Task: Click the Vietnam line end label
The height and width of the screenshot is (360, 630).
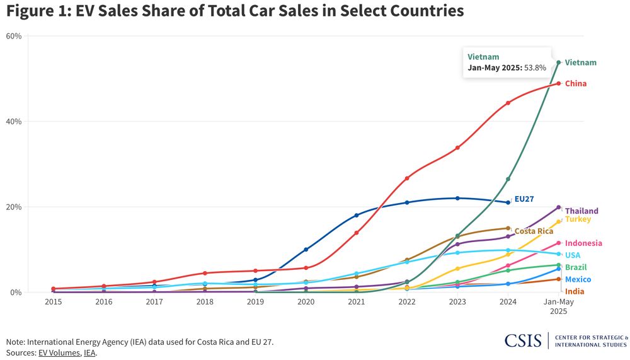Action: click(x=580, y=62)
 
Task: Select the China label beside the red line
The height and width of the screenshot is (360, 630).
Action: click(x=576, y=84)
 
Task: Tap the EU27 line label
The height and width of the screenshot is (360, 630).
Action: click(x=524, y=199)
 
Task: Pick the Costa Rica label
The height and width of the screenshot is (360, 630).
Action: click(x=534, y=231)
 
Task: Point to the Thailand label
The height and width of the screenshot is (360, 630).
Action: click(x=581, y=211)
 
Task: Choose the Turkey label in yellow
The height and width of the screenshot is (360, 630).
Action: click(x=578, y=219)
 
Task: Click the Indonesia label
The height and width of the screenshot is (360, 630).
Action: click(x=583, y=243)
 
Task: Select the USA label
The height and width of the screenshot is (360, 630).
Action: click(x=573, y=255)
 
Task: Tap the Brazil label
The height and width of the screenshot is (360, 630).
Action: click(x=576, y=267)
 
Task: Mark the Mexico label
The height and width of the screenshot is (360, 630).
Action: click(x=578, y=279)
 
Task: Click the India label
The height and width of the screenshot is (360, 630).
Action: click(x=574, y=291)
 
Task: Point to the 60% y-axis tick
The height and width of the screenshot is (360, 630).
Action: click(x=14, y=36)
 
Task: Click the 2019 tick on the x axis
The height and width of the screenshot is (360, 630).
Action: click(x=255, y=302)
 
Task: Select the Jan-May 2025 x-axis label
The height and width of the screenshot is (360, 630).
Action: click(x=559, y=306)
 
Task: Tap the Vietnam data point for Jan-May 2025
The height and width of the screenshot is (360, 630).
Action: click(x=559, y=62)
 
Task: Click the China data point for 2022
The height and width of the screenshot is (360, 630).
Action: click(x=407, y=178)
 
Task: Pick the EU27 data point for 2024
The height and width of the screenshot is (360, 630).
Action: click(x=508, y=202)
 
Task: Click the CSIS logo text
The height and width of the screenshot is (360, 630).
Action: click(x=524, y=340)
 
